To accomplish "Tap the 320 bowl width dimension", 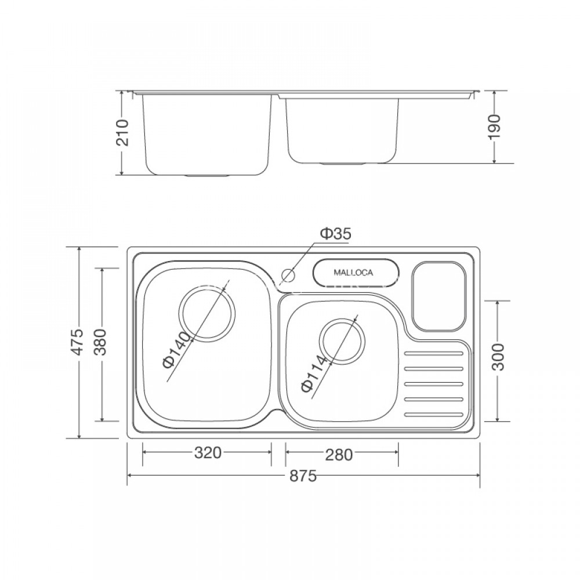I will pyautogui.click(x=207, y=453).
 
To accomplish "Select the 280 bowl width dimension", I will pyautogui.click(x=339, y=454).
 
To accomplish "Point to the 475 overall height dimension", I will pyautogui.click(x=79, y=342).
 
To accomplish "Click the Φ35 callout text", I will pyautogui.click(x=336, y=234).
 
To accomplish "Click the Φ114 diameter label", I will pyautogui.click(x=313, y=375).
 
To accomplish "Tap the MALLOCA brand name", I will pyautogui.click(x=353, y=272).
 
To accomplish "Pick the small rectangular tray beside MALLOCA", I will pyautogui.click(x=439, y=296).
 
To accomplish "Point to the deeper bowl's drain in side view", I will pyautogui.click(x=207, y=175).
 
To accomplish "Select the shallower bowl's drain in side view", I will pyautogui.click(x=343, y=164).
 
